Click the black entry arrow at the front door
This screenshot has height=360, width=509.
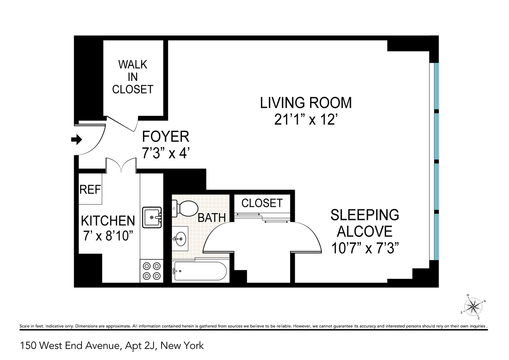point(76,140)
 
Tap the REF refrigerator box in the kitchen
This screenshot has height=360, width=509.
point(90,189)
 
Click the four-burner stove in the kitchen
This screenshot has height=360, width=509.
point(152,271)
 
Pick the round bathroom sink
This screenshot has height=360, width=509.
point(180,239)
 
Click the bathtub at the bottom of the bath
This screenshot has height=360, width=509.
point(201,271)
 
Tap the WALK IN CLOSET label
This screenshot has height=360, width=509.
point(132,77)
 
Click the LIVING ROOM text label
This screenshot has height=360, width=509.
point(306,103)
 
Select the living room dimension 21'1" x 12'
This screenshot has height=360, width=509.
point(306,120)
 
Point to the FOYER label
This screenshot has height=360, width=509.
point(165,137)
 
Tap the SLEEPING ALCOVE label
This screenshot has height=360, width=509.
point(365,223)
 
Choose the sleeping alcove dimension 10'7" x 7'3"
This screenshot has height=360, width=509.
point(365,247)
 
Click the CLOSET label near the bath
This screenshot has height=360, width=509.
point(262,203)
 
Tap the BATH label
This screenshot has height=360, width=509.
point(212,218)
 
